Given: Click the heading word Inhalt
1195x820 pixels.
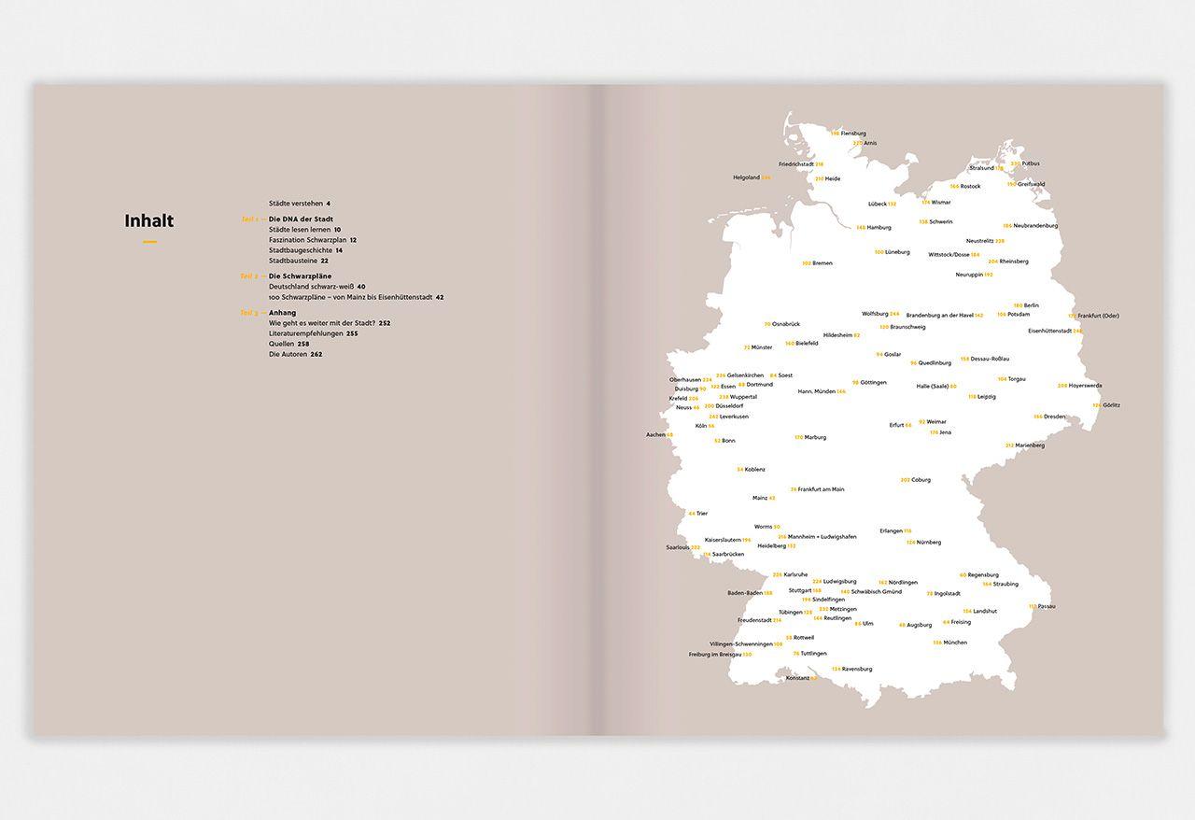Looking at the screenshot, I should (149, 221).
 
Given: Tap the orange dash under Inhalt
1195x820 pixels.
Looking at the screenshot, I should (149, 242).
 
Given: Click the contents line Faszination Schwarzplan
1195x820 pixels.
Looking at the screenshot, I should (308, 240).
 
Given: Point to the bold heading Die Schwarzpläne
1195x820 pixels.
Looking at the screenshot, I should (300, 276).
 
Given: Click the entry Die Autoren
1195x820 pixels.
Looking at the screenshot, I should (288, 354).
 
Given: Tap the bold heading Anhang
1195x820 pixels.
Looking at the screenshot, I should (282, 313).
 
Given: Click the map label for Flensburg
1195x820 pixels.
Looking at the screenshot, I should (853, 134).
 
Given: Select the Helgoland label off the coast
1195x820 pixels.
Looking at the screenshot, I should (747, 177).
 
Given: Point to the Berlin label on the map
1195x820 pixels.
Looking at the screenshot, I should (1031, 305).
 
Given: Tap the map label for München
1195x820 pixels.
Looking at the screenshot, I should (954, 643).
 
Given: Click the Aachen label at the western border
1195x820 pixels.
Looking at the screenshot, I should (656, 434).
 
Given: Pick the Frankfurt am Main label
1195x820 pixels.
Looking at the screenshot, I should (822, 489).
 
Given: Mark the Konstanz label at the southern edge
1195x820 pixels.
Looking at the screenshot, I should (798, 678).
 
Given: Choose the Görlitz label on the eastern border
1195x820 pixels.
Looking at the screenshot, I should (1111, 405).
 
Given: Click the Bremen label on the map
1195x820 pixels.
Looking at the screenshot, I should (822, 263).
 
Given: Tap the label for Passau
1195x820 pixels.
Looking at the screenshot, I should (1046, 606).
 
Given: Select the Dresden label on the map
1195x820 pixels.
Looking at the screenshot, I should (1054, 417).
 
